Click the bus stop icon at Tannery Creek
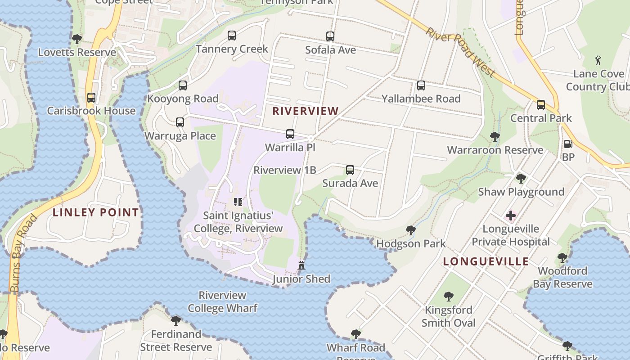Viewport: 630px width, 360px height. (x=232, y=36)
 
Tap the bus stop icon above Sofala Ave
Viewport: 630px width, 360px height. (x=330, y=36)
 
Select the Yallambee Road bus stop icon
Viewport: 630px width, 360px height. (x=421, y=85)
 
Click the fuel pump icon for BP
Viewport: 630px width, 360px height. (x=568, y=144)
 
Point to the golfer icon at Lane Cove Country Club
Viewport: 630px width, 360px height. (x=598, y=60)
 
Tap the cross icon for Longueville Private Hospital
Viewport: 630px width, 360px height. (x=511, y=216)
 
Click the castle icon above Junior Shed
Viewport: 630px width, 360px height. (x=301, y=265)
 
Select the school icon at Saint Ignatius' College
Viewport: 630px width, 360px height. (x=238, y=202)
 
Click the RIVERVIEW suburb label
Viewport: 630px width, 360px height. (x=306, y=111)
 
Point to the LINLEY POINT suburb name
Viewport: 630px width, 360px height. (x=96, y=212)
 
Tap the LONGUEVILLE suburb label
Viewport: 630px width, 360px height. (x=486, y=261)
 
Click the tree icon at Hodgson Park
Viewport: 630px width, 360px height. (x=410, y=230)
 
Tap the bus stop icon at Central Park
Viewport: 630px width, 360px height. (x=541, y=105)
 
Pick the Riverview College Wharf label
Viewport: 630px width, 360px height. (x=222, y=301)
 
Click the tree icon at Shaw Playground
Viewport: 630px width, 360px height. (x=521, y=179)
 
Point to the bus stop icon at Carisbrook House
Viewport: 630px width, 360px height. (x=91, y=98)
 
